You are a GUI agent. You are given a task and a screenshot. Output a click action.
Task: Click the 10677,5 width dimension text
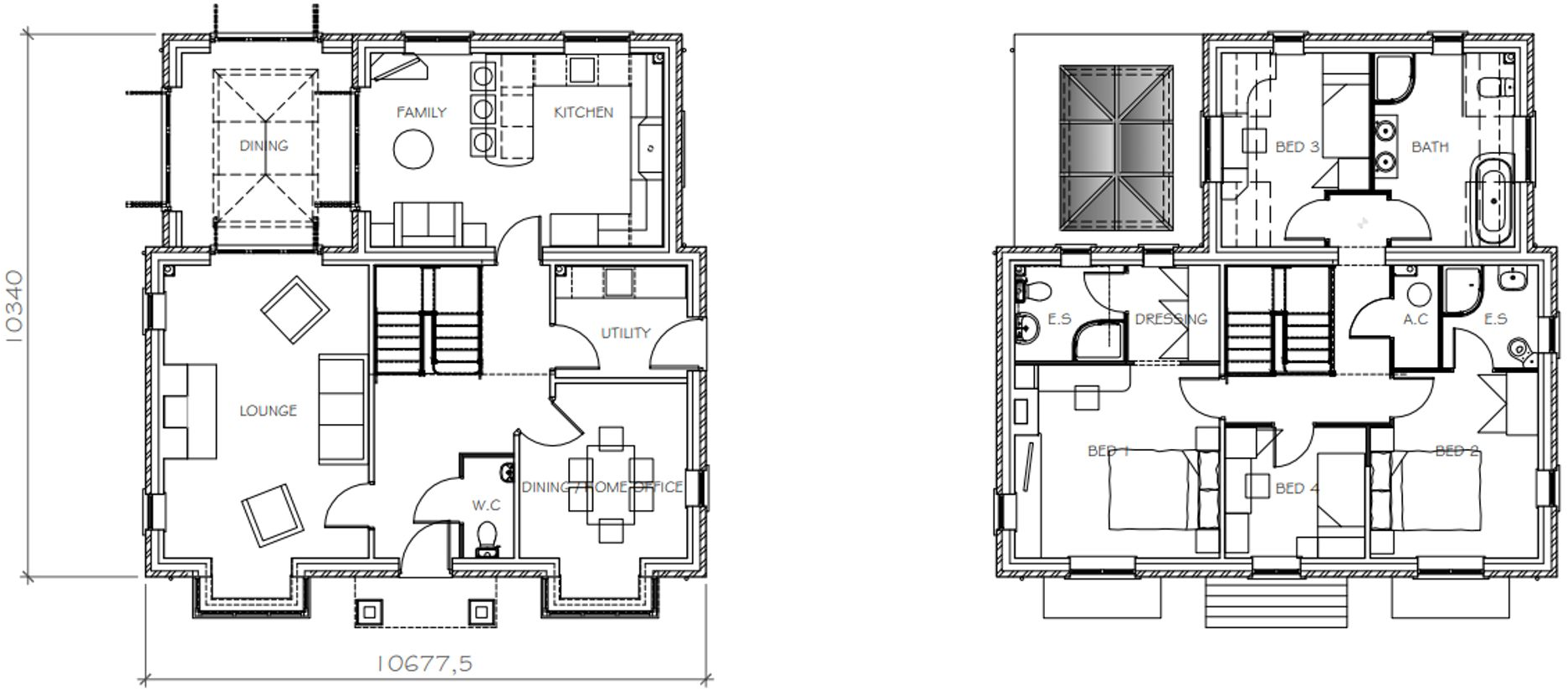(424, 664)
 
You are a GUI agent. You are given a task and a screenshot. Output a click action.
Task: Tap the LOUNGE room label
(268, 411)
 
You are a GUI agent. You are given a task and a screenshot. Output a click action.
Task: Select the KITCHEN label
(583, 112)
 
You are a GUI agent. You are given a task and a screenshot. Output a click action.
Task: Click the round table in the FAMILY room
(413, 151)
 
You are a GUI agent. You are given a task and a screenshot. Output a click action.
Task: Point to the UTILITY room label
(625, 333)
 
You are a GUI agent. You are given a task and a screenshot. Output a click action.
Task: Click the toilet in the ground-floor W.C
(486, 536)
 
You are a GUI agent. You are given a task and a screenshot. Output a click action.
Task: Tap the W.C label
(485, 505)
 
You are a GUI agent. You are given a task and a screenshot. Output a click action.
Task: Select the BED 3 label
(1297, 147)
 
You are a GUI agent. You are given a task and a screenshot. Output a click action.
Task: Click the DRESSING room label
(1170, 319)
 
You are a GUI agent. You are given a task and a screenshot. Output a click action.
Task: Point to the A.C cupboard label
(1415, 319)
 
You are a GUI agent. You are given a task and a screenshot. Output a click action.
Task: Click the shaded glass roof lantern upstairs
(1116, 147)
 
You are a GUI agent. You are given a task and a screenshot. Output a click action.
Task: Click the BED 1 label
(1108, 451)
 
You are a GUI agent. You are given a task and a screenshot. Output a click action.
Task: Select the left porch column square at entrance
(370, 612)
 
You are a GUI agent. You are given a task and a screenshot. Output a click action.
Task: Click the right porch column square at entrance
(480, 612)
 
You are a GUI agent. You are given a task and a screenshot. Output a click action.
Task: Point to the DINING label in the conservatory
(264, 145)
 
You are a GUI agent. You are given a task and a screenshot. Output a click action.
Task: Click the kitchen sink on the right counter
(650, 149)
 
